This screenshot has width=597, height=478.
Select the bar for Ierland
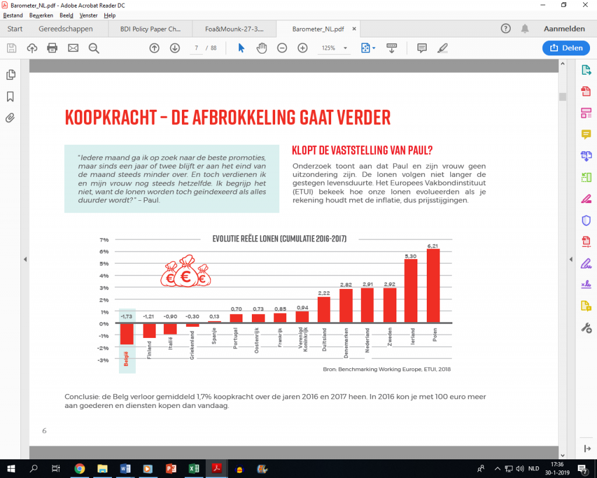coord(411,291)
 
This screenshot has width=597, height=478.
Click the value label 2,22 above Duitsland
coord(324,292)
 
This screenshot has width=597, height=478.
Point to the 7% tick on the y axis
coord(104,239)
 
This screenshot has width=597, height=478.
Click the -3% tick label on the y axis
coord(104,360)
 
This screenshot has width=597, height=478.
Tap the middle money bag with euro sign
coord(187,273)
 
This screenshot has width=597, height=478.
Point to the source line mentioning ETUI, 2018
coord(387,369)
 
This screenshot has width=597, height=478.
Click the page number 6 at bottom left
coord(44,431)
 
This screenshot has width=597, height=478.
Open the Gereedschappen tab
coord(65,29)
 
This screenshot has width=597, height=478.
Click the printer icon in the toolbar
coord(52,48)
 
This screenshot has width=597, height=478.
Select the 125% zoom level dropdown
coord(333,48)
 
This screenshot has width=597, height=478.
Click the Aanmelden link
coord(564,29)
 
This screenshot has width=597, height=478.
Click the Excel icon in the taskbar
coord(194,468)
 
